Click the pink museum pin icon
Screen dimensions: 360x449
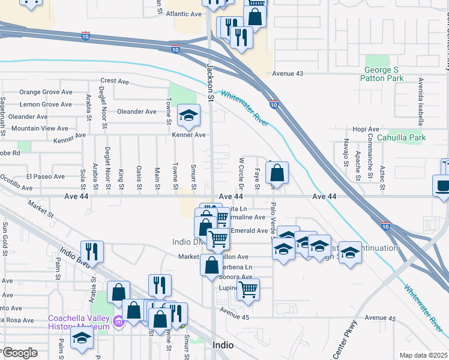[118, 323]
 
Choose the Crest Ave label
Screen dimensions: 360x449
[115, 80]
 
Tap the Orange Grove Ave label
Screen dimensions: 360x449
[46, 92]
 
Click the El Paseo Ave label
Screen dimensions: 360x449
[45, 176]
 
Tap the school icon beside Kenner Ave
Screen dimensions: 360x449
[188, 117]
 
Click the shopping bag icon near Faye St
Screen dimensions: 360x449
[277, 174]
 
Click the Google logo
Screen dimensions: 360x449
[20, 352]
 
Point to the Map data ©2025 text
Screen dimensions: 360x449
[423, 355]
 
